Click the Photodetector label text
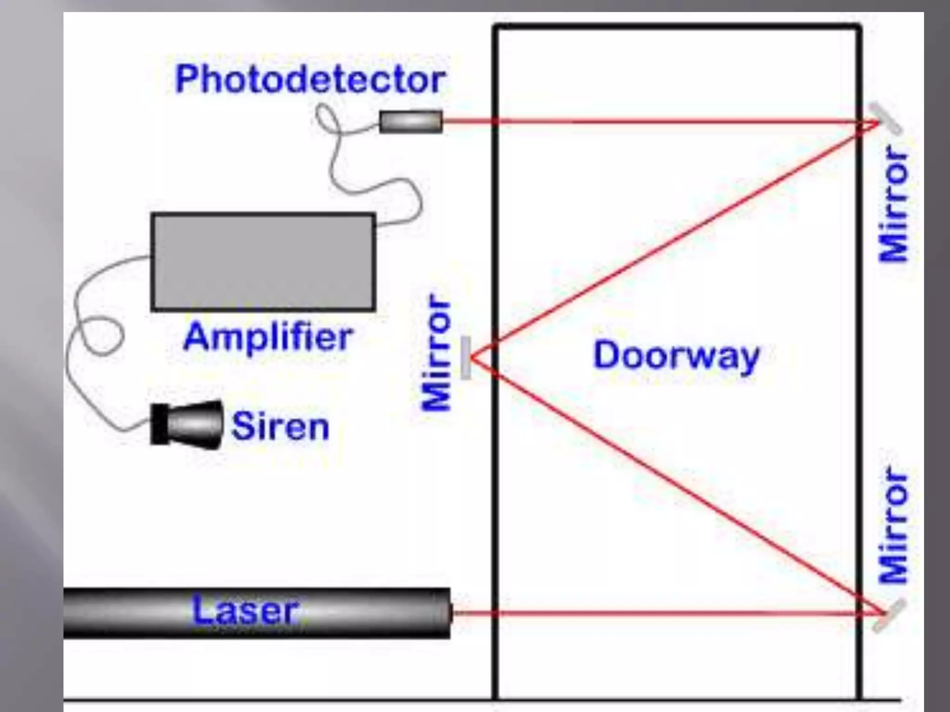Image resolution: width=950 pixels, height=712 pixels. pos(310,80)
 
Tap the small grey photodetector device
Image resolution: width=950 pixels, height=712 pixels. pos(411,121)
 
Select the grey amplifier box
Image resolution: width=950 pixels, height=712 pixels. pos(263,261)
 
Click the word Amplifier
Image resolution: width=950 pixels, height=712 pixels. pos(268,337)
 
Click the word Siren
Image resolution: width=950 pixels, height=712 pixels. pos(280,426)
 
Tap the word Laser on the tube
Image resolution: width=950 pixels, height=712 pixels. pos(244,610)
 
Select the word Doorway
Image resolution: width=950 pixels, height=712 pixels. pos(676,356)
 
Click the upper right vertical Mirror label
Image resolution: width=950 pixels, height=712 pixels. pos(893,204)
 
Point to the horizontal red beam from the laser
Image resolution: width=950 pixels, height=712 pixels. pos(649,614)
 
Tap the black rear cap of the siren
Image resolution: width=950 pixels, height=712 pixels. pos(159,425)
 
